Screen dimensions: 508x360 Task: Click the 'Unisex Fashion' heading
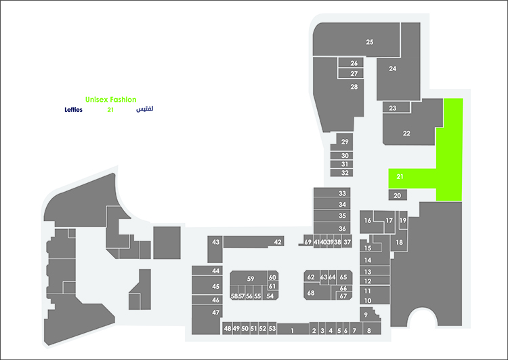coord(110,100)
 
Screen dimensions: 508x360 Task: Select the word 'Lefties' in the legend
coord(74,110)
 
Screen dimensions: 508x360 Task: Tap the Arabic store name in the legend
coord(144,109)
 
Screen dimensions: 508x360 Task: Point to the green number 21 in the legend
coord(110,110)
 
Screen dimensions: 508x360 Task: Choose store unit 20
coord(398,195)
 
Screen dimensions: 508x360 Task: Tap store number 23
coord(396,108)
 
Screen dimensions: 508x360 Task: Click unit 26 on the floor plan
coord(351,63)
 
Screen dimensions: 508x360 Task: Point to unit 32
coord(342,173)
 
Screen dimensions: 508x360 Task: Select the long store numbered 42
coord(254,241)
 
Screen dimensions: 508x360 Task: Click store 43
coord(215,249)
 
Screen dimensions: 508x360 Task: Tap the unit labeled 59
coord(249,278)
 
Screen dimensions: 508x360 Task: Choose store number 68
coord(317,292)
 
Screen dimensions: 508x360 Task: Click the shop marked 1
coord(293,329)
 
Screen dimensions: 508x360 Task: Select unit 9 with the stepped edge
coord(369,315)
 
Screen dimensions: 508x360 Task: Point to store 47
coord(206,319)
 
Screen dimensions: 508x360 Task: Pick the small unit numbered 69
coord(308,241)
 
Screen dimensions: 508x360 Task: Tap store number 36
coord(332,228)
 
